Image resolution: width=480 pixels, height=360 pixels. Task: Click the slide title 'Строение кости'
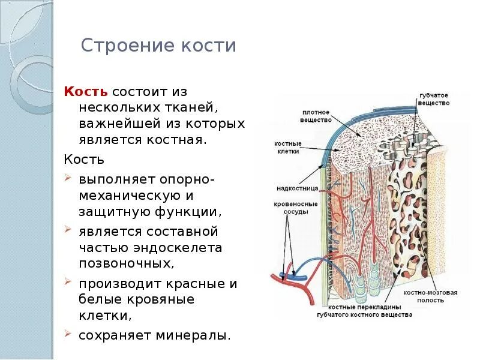coord(158,46)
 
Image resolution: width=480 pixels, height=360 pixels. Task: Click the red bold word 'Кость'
coord(86,92)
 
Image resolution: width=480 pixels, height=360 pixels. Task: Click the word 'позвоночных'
coord(126,263)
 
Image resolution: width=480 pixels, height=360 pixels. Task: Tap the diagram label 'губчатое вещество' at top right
coord(434,100)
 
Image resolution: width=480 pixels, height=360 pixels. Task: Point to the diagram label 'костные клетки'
coord(288,148)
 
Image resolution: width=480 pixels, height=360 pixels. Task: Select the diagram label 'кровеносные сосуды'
coord(292,208)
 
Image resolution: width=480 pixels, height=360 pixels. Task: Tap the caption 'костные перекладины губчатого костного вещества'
coord(364,311)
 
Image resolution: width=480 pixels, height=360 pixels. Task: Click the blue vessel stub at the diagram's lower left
coord(299,277)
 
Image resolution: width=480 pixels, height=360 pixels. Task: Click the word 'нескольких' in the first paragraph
coord(112,108)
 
